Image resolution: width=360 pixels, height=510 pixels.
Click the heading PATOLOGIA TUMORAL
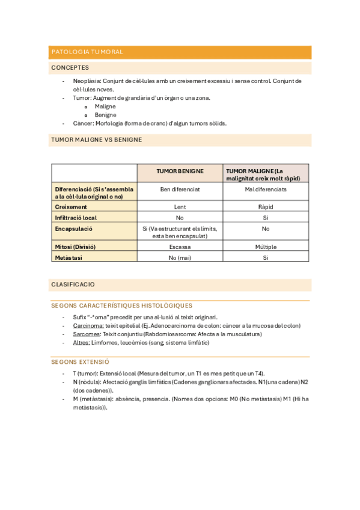[x=87, y=52]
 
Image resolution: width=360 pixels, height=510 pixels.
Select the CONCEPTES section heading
[x=70, y=68]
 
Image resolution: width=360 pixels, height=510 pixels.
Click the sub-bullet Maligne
[x=105, y=106]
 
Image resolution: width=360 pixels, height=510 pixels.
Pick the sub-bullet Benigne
[x=105, y=115]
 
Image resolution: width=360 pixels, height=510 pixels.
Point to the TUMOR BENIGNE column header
[x=180, y=171]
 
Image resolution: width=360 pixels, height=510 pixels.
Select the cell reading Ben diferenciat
[x=180, y=189]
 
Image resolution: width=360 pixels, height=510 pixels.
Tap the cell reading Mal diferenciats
[x=266, y=189]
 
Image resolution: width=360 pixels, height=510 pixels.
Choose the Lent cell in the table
[x=180, y=206]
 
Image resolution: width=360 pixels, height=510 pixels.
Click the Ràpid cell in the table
[x=266, y=206]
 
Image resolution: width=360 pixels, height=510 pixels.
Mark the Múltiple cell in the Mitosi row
[x=266, y=247]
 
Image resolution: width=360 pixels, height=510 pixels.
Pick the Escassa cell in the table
[x=180, y=247]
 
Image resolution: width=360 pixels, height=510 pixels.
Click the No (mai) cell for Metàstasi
[x=180, y=257]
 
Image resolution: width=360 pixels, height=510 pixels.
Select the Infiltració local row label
[x=76, y=218]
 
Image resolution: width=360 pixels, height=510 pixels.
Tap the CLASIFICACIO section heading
[x=73, y=284]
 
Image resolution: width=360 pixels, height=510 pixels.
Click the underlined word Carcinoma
[x=87, y=325]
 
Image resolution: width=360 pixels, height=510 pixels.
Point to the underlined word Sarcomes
[x=86, y=334]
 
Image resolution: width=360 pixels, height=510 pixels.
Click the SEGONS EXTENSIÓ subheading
[x=80, y=362]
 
